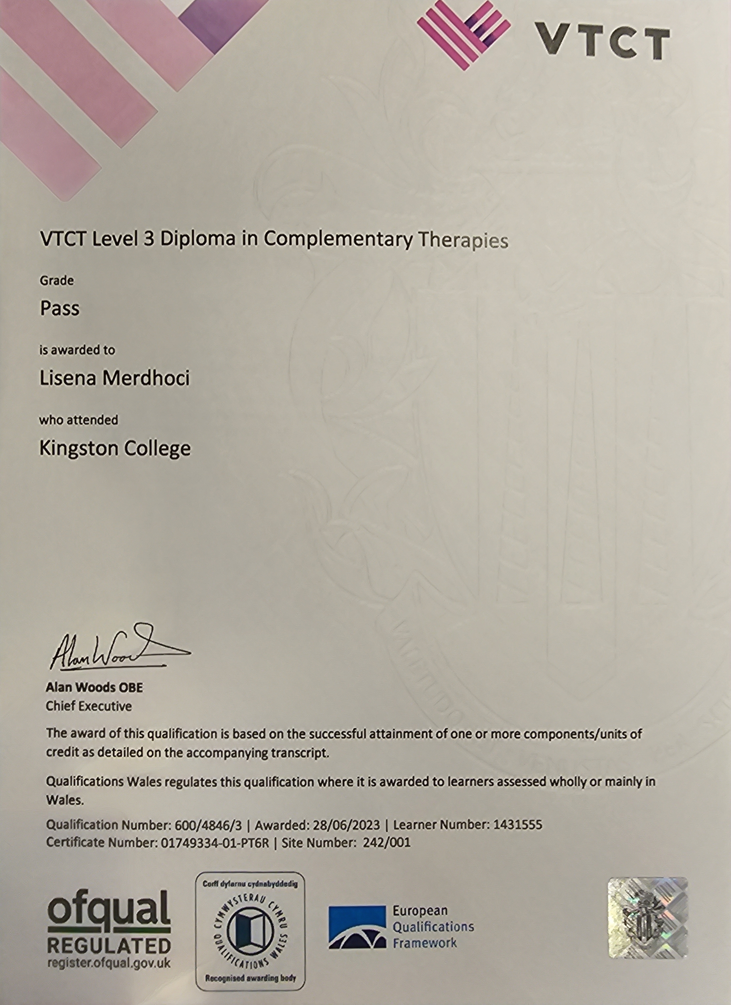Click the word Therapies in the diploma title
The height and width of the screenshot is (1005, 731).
point(463,240)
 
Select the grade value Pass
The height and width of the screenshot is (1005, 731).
point(60,308)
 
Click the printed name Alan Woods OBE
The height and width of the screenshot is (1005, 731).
point(94,687)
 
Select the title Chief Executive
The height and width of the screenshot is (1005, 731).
point(88,706)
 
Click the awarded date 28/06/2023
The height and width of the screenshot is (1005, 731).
point(346,825)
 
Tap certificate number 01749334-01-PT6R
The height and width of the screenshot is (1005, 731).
point(213,842)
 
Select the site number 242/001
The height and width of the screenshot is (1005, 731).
point(386,842)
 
